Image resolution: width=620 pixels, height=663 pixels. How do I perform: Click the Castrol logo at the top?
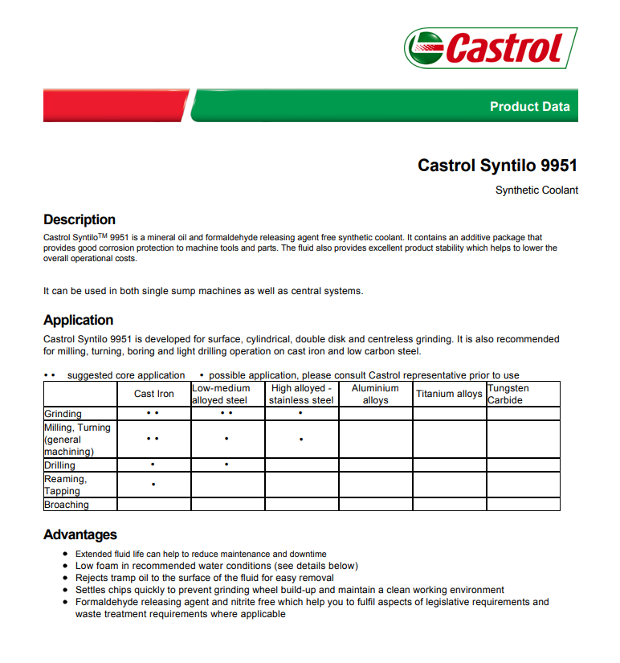(490, 48)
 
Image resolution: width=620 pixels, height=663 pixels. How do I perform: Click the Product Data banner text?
(529, 106)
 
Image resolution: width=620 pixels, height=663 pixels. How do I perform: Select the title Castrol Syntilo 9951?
(497, 166)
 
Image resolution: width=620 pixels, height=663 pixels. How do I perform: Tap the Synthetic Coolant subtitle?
(536, 190)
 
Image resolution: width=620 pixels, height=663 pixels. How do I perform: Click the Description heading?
(80, 219)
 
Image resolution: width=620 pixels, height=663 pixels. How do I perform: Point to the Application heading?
(79, 320)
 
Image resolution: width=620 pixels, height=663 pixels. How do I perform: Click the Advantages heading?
(80, 534)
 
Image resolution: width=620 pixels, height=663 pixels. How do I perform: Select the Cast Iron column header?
(153, 394)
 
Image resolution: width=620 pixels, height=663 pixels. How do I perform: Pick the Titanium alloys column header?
(449, 394)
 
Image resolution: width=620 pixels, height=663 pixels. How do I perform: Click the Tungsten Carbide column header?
(508, 394)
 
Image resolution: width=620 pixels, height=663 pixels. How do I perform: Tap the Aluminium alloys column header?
(375, 394)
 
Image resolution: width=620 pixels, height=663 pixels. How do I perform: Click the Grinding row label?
(63, 414)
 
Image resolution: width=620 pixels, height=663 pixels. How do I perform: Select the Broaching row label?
(67, 505)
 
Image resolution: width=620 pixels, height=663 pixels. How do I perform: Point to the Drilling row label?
(60, 465)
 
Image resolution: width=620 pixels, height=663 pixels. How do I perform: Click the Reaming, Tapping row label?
(65, 485)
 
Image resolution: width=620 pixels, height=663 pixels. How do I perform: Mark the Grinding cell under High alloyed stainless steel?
(301, 414)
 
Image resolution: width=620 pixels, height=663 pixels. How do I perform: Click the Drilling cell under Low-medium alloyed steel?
(227, 465)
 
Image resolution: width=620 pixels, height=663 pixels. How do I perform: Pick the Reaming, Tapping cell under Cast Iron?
(153, 485)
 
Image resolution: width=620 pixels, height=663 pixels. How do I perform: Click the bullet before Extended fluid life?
(66, 554)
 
